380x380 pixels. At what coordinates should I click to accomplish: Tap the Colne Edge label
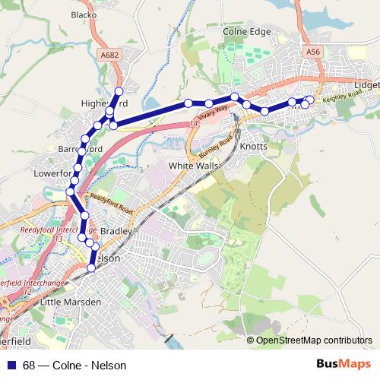(246, 32)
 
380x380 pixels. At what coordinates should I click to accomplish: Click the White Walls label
(193, 165)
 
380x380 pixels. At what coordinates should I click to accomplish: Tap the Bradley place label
(116, 229)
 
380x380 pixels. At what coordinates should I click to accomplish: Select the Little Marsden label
(70, 302)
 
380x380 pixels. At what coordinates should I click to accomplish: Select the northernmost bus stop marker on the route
(119, 91)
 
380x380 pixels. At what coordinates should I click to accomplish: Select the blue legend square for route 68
(10, 365)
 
